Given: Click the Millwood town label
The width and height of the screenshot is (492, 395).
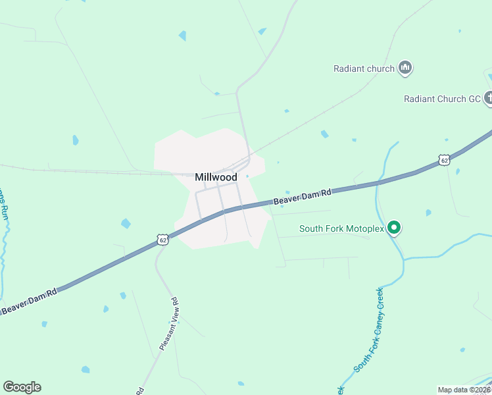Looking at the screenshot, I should click(x=216, y=177).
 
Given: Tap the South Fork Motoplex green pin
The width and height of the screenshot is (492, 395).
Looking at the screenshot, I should click(x=394, y=228).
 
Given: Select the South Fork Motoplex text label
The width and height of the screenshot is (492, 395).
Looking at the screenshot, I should click(x=341, y=229).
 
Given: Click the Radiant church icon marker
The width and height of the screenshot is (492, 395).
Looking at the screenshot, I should click(x=405, y=68).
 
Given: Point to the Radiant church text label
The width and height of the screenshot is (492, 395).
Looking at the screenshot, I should click(x=364, y=68).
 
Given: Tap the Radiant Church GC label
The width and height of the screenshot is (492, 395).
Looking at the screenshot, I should click(x=443, y=99).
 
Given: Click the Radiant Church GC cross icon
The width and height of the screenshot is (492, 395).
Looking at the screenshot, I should click(x=489, y=99).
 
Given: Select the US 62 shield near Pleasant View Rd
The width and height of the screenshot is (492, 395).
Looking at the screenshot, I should click(x=163, y=240).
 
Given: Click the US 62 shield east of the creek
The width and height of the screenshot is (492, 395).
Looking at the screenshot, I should click(x=444, y=160).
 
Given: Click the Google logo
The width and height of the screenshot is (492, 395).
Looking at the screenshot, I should click(x=22, y=387).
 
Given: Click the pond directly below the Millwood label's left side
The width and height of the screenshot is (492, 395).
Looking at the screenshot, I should click(x=126, y=224).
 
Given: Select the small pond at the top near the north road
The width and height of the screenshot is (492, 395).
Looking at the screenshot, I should click(x=262, y=31).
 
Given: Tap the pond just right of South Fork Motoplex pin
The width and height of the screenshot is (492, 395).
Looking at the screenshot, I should click(x=428, y=213).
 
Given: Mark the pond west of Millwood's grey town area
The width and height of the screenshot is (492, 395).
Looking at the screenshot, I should click(x=76, y=140).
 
